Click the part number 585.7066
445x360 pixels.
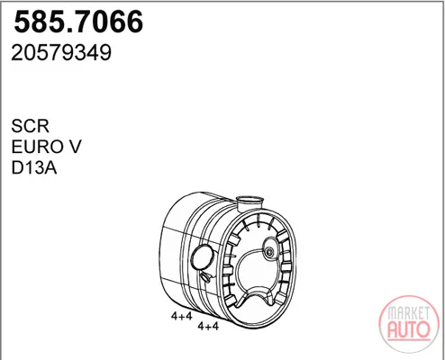click(78, 22)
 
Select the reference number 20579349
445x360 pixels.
click(61, 53)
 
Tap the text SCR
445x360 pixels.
click(30, 126)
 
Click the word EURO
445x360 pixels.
click(33, 147)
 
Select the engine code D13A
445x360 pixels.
click(34, 167)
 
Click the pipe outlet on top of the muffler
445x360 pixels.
click(250, 203)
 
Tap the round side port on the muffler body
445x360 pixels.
click(203, 257)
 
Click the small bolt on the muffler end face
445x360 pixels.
click(269, 252)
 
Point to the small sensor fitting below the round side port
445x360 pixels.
click(205, 276)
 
